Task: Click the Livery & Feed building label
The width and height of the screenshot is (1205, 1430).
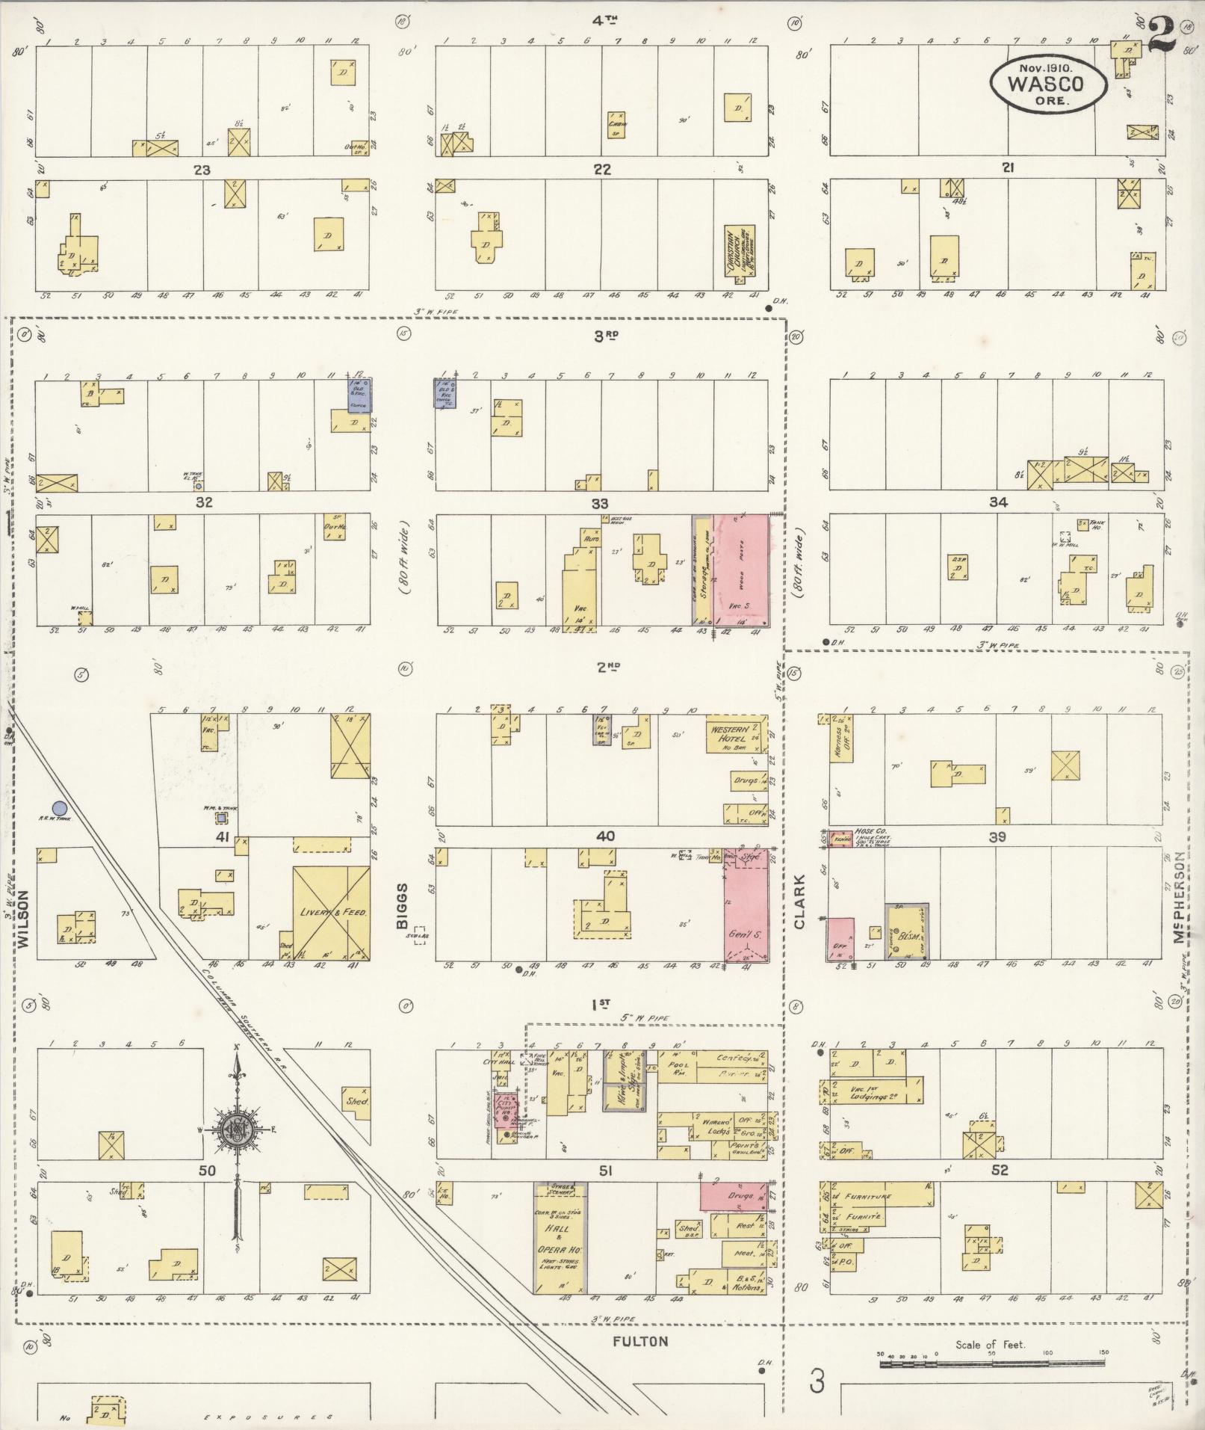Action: click(330, 913)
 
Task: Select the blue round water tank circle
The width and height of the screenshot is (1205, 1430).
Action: click(60, 807)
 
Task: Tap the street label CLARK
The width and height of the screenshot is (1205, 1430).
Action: click(799, 902)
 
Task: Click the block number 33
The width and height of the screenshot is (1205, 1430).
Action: click(600, 503)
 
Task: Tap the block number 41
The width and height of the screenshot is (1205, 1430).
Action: click(222, 836)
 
